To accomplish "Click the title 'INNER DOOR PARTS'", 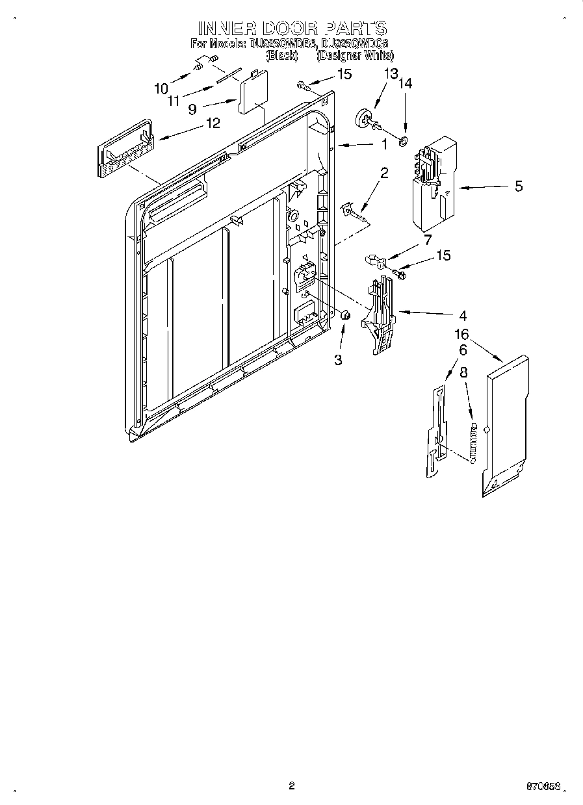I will tap(292, 28).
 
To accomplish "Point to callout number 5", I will tap(518, 186).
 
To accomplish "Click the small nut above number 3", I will tap(346, 315).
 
